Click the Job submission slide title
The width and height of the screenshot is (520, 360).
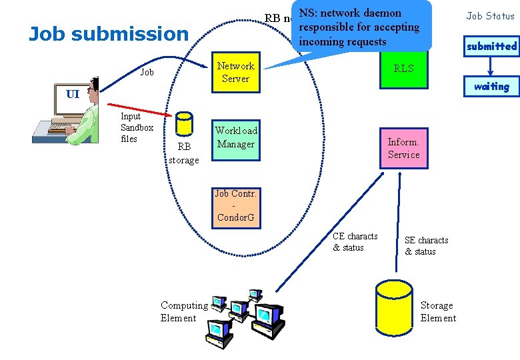pos(109,33)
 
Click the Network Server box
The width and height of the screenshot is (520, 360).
pos(235,72)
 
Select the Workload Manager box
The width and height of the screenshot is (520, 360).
pos(235,141)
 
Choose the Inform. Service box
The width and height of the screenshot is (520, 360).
pos(403,147)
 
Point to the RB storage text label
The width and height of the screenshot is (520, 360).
pos(183,154)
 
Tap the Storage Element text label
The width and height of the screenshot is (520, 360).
pos(438,311)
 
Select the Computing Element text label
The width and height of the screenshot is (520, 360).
pos(183,311)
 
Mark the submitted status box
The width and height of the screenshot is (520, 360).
pos(491,46)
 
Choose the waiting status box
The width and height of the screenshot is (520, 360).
pos(491,86)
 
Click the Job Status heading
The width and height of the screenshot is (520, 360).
pos(490,16)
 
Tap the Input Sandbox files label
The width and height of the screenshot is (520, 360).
pos(136,127)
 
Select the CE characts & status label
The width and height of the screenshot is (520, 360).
pos(355,242)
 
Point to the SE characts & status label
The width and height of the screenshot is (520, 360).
pos(426,246)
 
